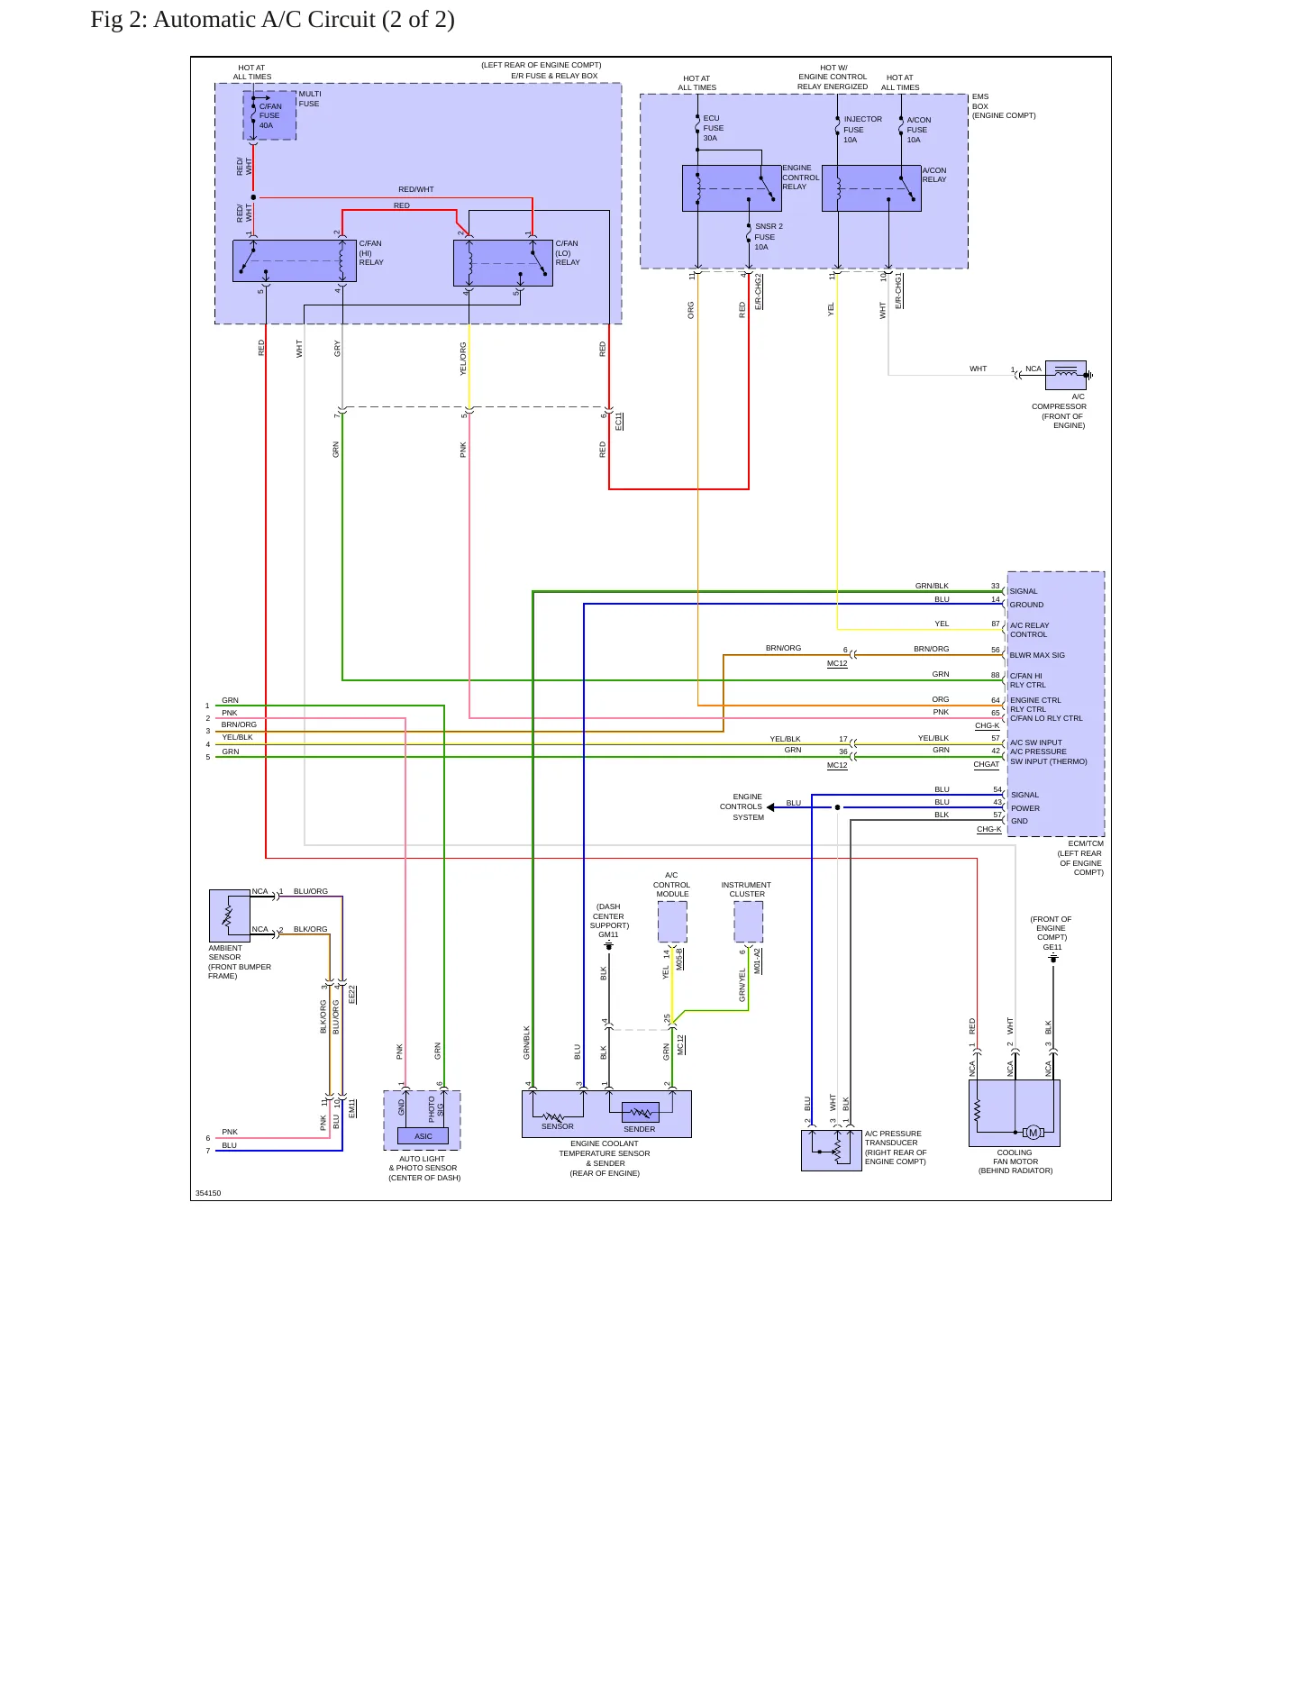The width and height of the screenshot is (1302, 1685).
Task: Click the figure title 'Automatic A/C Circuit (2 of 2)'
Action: tap(304, 20)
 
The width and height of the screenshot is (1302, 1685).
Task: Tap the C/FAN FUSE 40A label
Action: tap(270, 115)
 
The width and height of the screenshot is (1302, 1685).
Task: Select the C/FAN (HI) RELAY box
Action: tap(295, 260)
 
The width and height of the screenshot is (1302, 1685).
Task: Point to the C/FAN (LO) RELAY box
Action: tap(503, 263)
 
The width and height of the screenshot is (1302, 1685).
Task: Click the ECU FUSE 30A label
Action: tap(713, 128)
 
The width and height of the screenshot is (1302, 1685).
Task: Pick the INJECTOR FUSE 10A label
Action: tap(862, 129)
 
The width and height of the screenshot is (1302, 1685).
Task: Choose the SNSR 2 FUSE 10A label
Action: tap(769, 237)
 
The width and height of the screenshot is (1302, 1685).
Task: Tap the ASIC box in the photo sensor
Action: tap(423, 1136)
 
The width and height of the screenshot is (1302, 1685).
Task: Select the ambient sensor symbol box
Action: tap(230, 915)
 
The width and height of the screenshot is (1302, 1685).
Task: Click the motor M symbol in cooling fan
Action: tap(1033, 1133)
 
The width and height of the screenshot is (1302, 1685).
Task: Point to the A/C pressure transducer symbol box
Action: tap(832, 1150)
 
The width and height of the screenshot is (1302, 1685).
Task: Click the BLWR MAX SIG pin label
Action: tap(1037, 655)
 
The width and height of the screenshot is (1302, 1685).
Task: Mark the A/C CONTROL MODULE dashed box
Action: tap(672, 922)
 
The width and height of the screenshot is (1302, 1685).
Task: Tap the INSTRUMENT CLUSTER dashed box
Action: tap(748, 922)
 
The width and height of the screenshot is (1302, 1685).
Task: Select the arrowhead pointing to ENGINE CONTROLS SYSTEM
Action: tap(770, 807)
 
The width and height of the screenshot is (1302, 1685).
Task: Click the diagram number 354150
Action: tap(208, 1193)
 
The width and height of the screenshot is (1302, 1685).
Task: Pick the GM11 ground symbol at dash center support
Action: tap(609, 946)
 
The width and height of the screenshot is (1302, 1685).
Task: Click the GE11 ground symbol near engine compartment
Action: tap(1052, 958)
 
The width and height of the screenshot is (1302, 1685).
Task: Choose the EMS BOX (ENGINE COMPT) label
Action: tap(1004, 106)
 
